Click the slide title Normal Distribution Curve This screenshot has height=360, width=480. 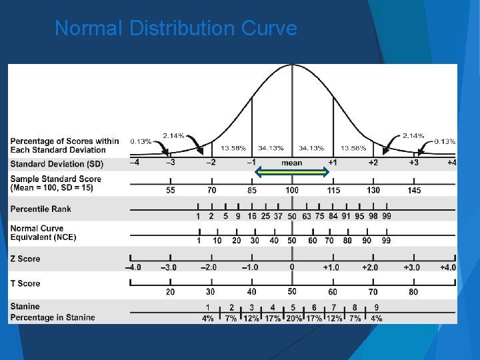pos(175,29)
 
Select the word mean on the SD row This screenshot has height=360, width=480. pos(291,163)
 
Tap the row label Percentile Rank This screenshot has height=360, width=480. pos(41,209)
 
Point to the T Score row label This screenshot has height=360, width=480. pos(25,283)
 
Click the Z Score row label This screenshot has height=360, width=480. pos(25,259)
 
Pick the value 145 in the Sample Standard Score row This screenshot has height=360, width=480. pos(413,191)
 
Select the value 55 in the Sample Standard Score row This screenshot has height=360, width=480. pos(171,191)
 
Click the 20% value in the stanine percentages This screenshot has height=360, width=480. pos(293,318)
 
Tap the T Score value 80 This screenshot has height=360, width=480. pos(413,291)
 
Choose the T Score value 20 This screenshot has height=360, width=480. pos(171,291)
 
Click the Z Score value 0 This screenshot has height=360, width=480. pos(292,267)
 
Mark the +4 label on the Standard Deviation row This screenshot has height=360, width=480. pos(451,163)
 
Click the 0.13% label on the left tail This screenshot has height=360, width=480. pos(141,141)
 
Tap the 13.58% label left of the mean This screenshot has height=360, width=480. pos(233,148)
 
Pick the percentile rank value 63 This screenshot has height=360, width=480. pos(306,216)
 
